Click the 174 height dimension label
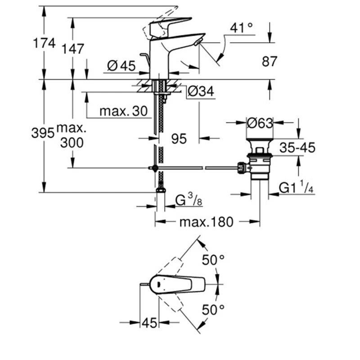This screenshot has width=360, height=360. pos(44,43)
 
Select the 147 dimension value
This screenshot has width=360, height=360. pos(73,49)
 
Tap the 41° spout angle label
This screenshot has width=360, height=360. pos(242,27)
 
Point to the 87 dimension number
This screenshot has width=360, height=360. pos(270,61)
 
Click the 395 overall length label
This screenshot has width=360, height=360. pos(43,133)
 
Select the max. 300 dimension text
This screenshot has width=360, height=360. pos(72,135)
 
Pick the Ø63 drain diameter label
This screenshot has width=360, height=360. pos(260,122)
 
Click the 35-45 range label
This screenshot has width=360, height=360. pos(297,147)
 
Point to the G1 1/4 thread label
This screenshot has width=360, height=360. pos(296,188)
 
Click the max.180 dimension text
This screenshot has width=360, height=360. pos(207,221)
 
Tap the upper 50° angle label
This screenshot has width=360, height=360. pos(212,261)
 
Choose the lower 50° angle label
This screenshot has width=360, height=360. pos(212,310)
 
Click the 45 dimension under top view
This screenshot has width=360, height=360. pos(149,322)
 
